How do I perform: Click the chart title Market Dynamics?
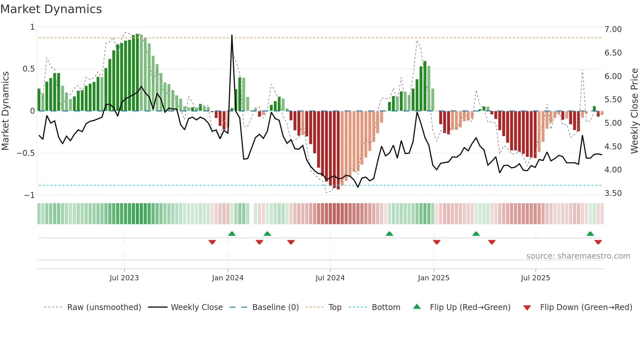(x=51, y=9)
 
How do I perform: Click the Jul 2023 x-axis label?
(x=124, y=278)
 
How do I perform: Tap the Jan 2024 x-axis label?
(x=228, y=278)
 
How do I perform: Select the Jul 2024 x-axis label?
(x=330, y=278)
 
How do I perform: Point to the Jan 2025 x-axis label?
(x=433, y=278)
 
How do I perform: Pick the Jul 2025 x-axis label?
(x=535, y=278)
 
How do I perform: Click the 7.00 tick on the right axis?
(x=613, y=29)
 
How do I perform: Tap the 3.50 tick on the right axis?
(x=613, y=193)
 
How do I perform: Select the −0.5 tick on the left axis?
(x=26, y=153)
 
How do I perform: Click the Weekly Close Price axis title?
(x=634, y=111)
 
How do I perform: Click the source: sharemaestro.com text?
(x=578, y=256)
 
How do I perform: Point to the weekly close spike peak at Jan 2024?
(x=232, y=35)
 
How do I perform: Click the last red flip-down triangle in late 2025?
(x=598, y=242)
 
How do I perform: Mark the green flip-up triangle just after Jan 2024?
(x=232, y=234)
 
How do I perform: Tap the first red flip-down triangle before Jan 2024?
(x=212, y=242)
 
